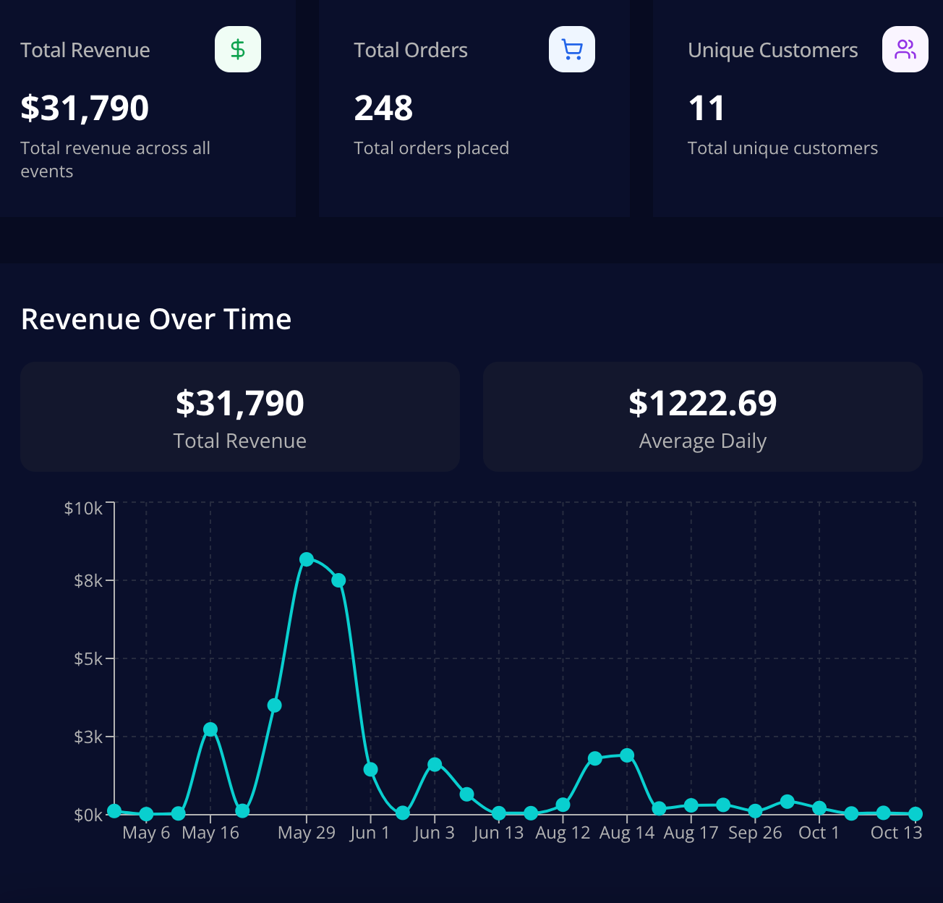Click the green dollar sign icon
tap(238, 49)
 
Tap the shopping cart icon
tap(572, 49)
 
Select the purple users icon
tap(905, 49)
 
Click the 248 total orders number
tap(383, 109)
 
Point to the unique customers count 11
tap(707, 109)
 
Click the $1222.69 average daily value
tap(702, 403)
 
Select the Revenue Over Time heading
tap(156, 319)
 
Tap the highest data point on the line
tap(307, 559)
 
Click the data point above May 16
tap(210, 729)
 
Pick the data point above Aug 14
tap(627, 755)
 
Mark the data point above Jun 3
tap(435, 764)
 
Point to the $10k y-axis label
tap(84, 508)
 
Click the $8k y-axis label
tap(88, 580)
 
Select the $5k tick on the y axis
tap(88, 658)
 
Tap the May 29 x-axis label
tap(307, 833)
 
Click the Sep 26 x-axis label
tap(755, 833)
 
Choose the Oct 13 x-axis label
tap(896, 833)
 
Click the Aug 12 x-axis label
tap(563, 833)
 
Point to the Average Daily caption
tap(702, 441)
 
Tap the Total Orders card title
tap(411, 50)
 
